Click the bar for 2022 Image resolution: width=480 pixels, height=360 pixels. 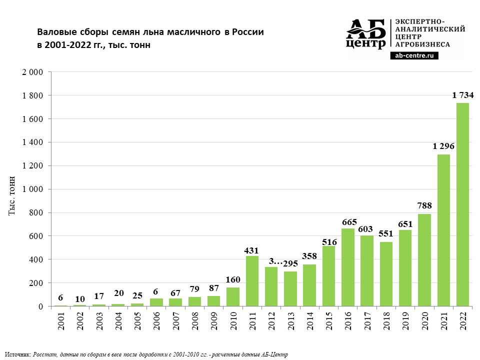click(462, 205)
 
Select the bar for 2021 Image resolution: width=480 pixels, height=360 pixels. click(443, 230)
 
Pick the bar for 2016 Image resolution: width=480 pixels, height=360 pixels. click(348, 267)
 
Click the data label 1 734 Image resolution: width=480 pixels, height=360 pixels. click(462, 95)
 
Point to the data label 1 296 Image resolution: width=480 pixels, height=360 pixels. click(443, 146)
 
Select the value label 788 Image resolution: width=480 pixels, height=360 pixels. click(424, 205)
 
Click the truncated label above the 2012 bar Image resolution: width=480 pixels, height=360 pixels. click(271, 261)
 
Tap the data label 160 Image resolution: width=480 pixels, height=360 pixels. click(233, 279)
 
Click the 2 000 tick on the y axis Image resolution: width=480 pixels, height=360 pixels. click(33, 72)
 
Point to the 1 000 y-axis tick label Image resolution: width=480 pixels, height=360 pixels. click(33, 189)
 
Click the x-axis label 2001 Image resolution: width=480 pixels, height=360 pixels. click(60, 321)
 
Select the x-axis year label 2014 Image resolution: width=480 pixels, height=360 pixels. click(310, 321)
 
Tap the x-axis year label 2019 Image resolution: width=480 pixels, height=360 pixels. click(405, 321)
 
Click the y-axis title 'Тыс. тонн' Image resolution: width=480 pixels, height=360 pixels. click(13, 195)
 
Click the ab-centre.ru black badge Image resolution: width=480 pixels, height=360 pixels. click(414, 56)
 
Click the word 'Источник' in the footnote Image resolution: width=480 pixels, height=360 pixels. click(17, 354)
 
